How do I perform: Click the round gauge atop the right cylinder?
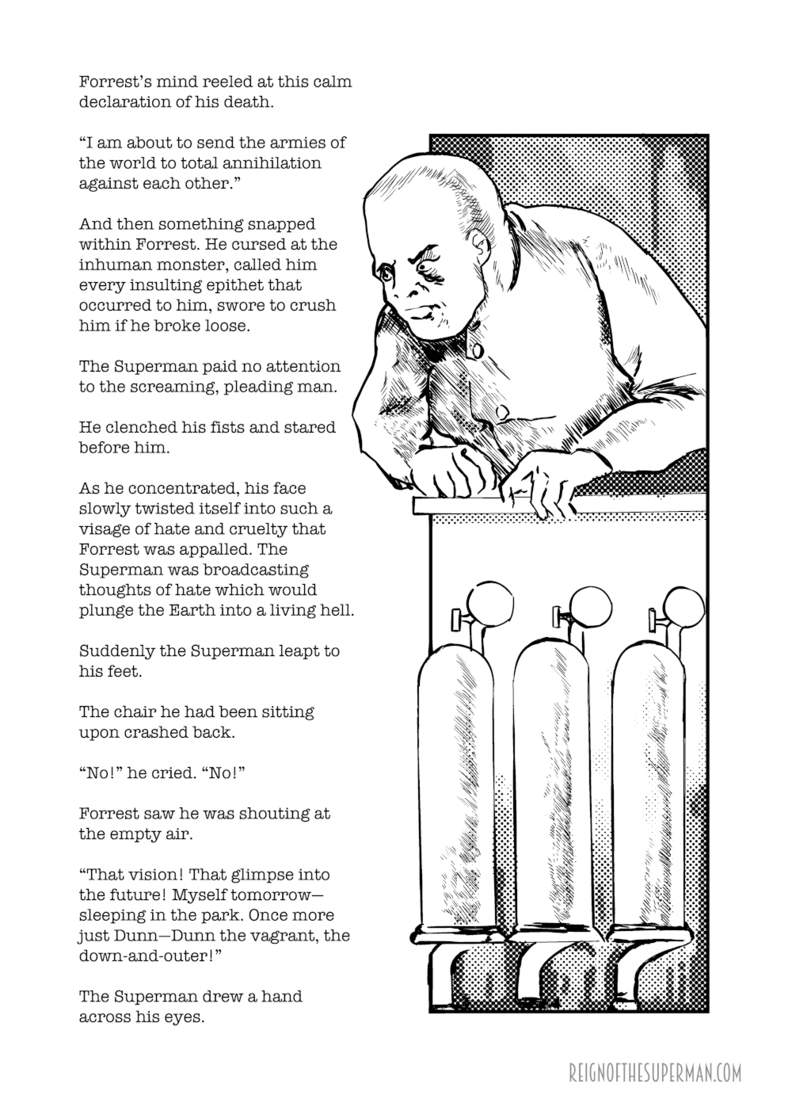683,605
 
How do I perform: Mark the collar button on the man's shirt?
477,347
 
